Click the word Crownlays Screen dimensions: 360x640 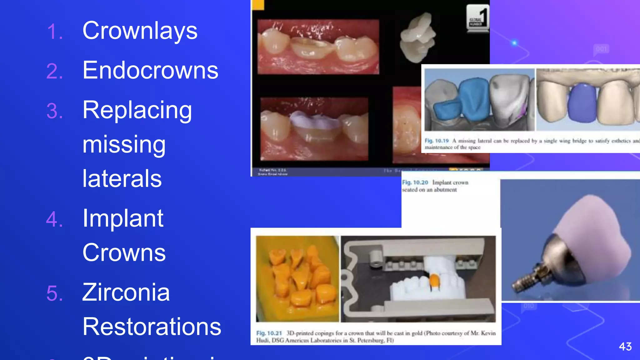pyautogui.click(x=140, y=31)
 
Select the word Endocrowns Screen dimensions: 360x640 pyautogui.click(x=150, y=70)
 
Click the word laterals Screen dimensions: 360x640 pyautogui.click(x=122, y=178)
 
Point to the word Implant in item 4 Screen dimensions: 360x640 pyautogui.click(x=123, y=218)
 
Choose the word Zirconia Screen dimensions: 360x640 pyautogui.click(x=126, y=292)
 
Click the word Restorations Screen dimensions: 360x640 pyautogui.click(x=152, y=327)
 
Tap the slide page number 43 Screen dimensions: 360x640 pyautogui.click(x=625, y=347)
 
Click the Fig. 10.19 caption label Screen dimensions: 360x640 pyautogui.click(x=437, y=141)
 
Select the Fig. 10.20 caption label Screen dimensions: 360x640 pyautogui.click(x=415, y=182)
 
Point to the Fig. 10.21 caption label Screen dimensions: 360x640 pyautogui.click(x=269, y=333)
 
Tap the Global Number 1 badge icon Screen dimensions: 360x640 pyautogui.click(x=477, y=18)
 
